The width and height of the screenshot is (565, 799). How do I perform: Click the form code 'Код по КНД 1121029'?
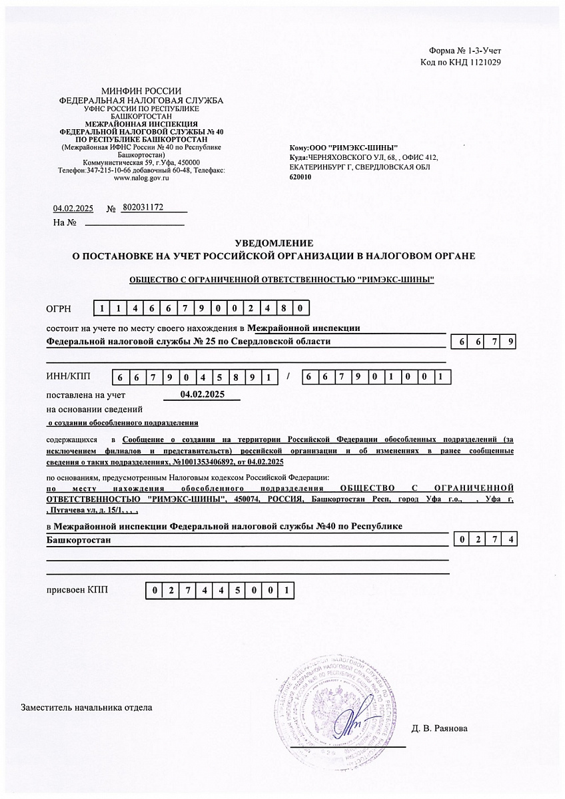(x=460, y=62)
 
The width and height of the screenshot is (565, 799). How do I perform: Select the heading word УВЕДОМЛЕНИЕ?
(x=274, y=244)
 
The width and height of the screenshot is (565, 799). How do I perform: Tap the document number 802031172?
(x=143, y=208)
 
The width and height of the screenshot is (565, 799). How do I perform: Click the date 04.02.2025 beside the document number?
(x=72, y=208)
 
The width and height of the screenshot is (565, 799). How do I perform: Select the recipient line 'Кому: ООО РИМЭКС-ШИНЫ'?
(x=344, y=147)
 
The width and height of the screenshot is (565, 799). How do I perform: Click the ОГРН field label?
(x=57, y=309)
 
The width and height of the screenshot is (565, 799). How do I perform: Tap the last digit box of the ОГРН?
(x=302, y=308)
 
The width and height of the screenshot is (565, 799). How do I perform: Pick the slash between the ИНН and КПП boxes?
(x=288, y=377)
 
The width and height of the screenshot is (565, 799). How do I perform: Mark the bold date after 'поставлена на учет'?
(x=203, y=394)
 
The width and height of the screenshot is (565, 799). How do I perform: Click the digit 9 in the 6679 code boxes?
(x=510, y=342)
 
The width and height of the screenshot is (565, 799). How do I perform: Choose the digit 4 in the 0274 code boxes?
(x=510, y=540)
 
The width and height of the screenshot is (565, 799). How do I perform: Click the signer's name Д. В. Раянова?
(x=440, y=728)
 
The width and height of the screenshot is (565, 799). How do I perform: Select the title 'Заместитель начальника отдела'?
(x=87, y=707)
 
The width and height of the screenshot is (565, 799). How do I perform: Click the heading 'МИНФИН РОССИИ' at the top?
(x=141, y=91)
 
